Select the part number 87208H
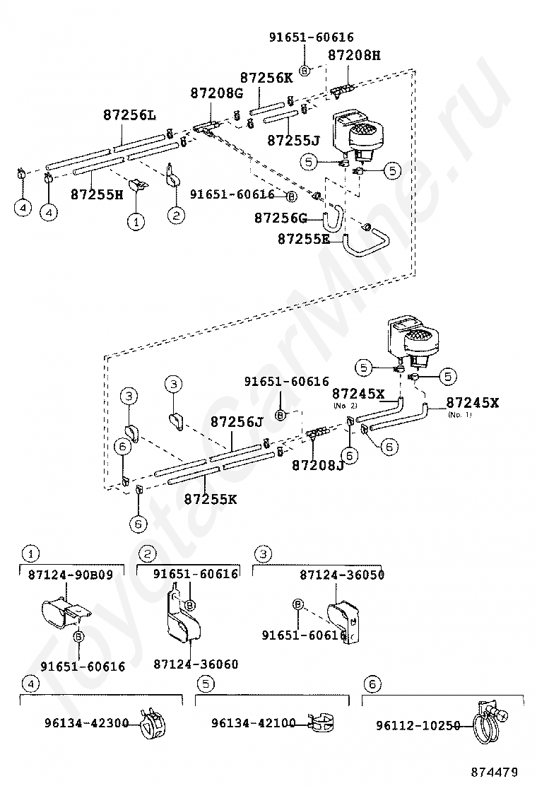pyautogui.click(x=354, y=56)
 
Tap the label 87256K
pyautogui.click(x=266, y=78)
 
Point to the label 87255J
pyautogui.click(x=293, y=141)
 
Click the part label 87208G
pyautogui.click(x=216, y=93)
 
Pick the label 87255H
pyautogui.click(x=97, y=193)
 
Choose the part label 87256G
pyautogui.click(x=281, y=218)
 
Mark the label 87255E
pyautogui.click(x=303, y=239)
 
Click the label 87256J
pyautogui.click(x=237, y=422)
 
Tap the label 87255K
pyautogui.click(x=211, y=499)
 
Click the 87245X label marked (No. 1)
pyautogui.click(x=472, y=402)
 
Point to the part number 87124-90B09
pyautogui.click(x=71, y=575)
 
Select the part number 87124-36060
pyautogui.click(x=196, y=664)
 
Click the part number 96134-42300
pyautogui.click(x=86, y=723)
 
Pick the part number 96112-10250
pyautogui.click(x=418, y=725)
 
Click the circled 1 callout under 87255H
pyautogui.click(x=134, y=221)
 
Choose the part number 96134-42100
pyautogui.click(x=253, y=723)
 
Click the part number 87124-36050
pyautogui.click(x=342, y=575)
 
